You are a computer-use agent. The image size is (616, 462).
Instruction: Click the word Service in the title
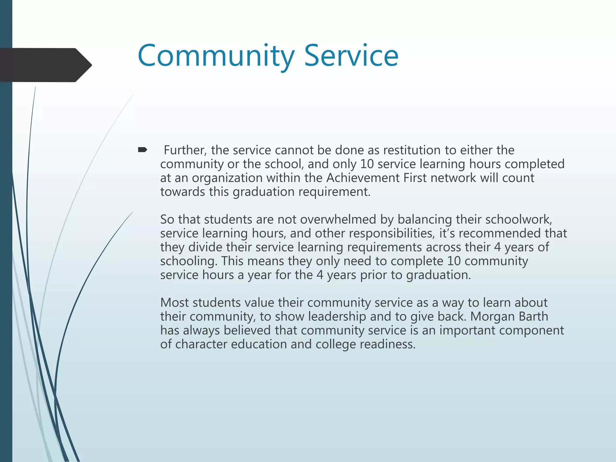(x=351, y=56)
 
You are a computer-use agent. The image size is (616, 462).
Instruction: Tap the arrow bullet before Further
(x=142, y=149)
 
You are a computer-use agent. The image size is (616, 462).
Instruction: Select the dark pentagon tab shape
(x=45, y=65)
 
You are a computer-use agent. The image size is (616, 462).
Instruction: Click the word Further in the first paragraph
(x=185, y=150)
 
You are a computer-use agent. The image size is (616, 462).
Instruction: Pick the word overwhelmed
(x=338, y=219)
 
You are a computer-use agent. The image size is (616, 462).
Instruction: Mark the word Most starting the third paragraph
(x=174, y=303)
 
